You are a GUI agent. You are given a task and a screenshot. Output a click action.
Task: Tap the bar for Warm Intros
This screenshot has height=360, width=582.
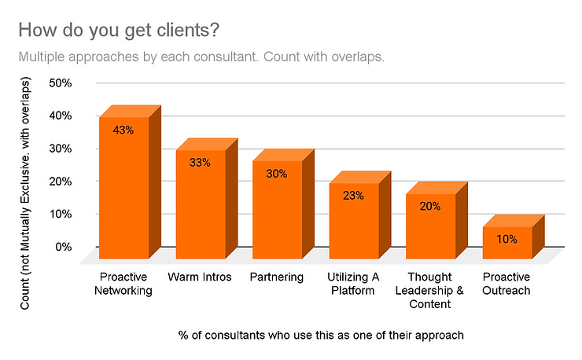pos(200,204)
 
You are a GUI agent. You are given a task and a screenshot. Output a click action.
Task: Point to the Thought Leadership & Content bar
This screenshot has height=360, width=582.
pos(430,227)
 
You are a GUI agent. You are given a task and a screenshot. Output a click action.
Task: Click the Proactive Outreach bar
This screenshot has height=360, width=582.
pos(506,244)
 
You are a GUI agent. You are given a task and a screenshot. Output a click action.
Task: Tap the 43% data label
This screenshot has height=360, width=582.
pos(123,130)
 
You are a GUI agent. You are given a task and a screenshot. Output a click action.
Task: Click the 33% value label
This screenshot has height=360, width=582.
pos(200,163)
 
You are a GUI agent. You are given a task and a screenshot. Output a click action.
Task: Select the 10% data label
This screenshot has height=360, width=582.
pos(506,239)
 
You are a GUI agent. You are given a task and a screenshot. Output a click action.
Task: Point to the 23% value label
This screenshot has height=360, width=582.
pos(353,196)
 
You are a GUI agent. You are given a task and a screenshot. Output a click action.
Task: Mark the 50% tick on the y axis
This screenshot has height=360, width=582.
pos(61,83)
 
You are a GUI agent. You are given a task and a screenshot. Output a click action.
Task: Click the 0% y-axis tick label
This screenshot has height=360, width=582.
pos(64,247)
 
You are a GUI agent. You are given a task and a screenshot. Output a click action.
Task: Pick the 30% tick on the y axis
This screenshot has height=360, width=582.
pos(61,148)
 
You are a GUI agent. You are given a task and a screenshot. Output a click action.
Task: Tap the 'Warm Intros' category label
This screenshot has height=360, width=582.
pos(200,277)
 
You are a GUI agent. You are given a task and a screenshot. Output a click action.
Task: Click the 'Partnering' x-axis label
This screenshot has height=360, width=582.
pos(277,277)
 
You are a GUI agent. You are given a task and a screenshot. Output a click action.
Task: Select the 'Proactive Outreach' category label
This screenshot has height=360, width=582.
pos(506,284)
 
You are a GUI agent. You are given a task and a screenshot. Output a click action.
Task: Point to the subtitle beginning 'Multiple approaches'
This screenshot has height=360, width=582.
pos(201,57)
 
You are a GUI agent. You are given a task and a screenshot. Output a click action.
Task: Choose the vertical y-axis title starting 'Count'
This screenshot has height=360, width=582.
pos(25,183)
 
